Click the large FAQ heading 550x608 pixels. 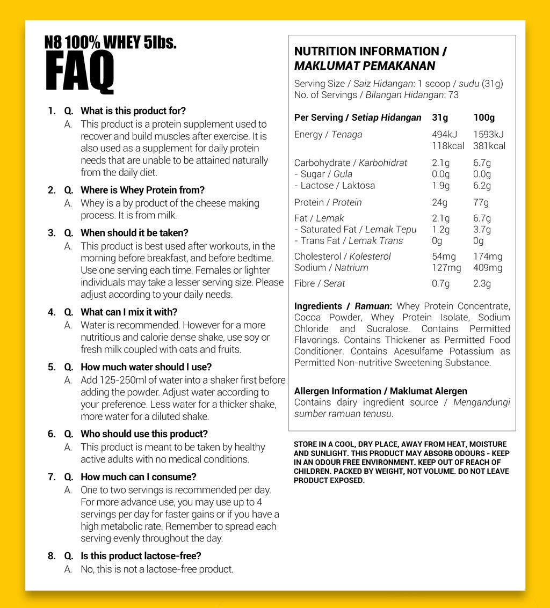tap(79, 73)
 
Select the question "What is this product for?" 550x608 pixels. tap(133, 111)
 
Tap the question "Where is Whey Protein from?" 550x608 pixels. tap(142, 190)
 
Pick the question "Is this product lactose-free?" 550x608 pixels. tap(141, 556)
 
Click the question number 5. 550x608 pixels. tap(52, 367)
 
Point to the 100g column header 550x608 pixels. tap(484, 118)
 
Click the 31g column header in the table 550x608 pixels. tap(440, 118)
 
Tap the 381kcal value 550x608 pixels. tap(489, 146)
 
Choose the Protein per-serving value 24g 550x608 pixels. tap(439, 202)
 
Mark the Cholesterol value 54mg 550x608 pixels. tap(444, 257)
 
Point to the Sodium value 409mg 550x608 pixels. tap(488, 268)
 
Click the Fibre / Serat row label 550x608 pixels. tap(320, 283)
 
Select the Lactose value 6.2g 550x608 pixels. tap(482, 186)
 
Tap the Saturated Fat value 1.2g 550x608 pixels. tap(440, 230)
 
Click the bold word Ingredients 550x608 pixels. tap(318, 306)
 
